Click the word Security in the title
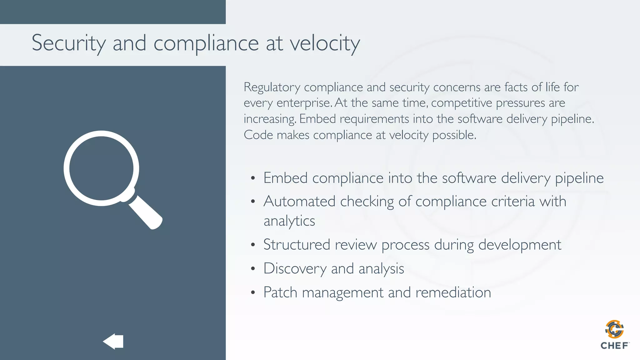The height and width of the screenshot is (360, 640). (x=68, y=43)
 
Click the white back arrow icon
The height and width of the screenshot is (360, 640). (x=113, y=341)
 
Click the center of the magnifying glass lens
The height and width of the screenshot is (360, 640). (x=101, y=168)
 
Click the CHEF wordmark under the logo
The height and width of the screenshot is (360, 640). (x=614, y=346)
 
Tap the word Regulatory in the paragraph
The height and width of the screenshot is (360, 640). (x=272, y=87)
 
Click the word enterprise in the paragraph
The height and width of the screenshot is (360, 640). (x=303, y=103)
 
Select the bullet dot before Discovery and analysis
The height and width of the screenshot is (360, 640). (x=253, y=269)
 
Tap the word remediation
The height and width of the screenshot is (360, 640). (x=453, y=292)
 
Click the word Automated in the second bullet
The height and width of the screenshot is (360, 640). (x=299, y=202)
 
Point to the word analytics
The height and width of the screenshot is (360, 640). (x=289, y=221)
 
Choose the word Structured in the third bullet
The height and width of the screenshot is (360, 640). (x=297, y=245)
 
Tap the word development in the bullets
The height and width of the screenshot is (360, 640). (x=520, y=245)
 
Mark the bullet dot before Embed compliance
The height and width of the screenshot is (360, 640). (x=253, y=178)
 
